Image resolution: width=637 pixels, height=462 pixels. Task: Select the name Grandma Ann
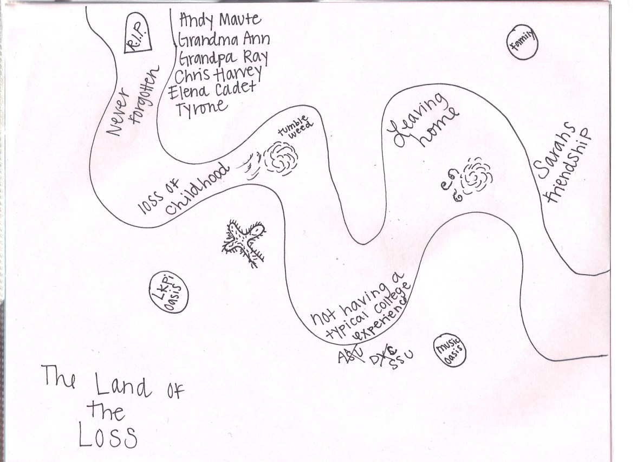(223, 40)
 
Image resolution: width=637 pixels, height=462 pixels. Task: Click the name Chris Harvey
(218, 74)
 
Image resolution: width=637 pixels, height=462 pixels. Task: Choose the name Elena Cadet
(212, 90)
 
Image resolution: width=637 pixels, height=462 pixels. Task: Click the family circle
(522, 43)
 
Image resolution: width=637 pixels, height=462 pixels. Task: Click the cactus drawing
(245, 240)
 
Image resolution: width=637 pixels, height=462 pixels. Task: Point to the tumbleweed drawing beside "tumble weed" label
(281, 157)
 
